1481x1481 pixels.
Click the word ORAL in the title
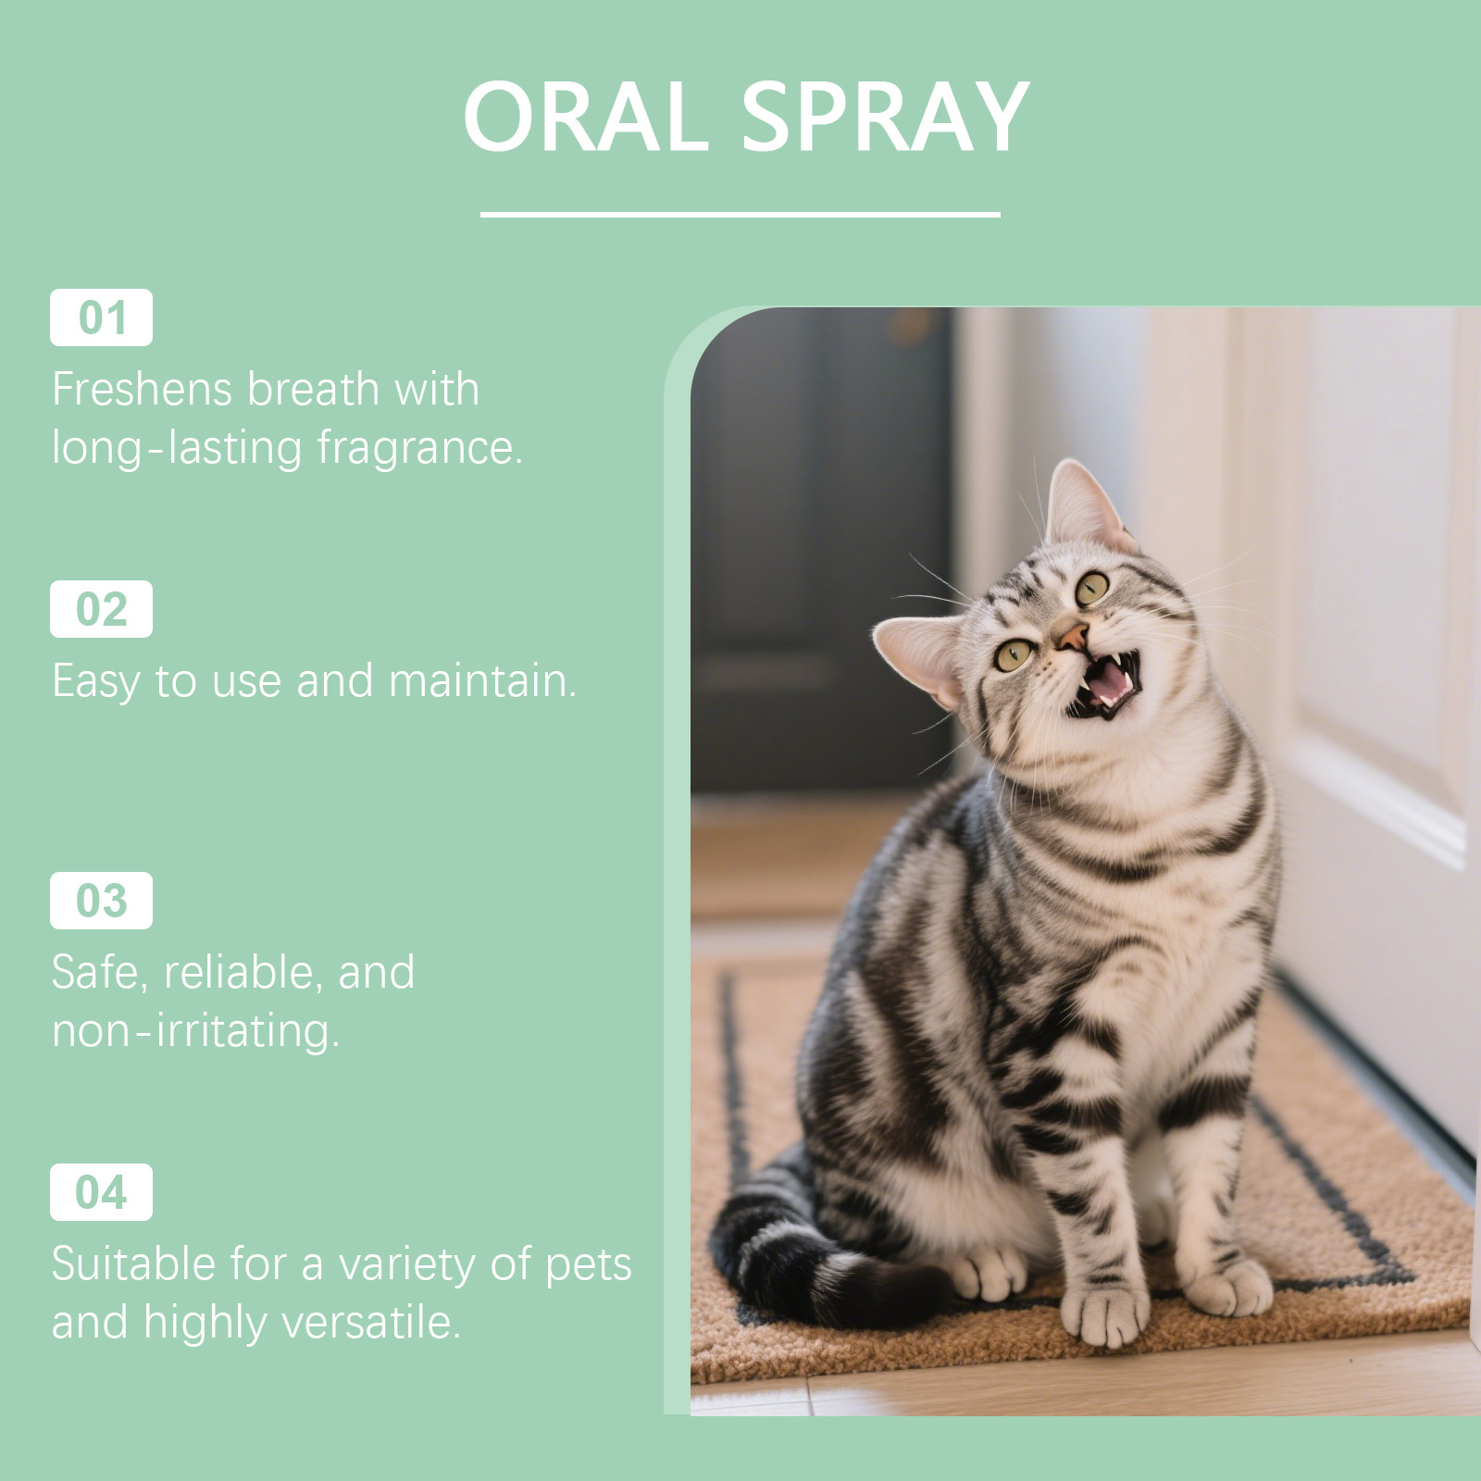(x=586, y=117)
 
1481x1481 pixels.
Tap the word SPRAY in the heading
(x=885, y=117)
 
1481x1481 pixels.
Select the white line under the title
(x=740, y=215)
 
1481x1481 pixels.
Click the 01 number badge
(x=101, y=317)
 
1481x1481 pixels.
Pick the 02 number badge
(x=101, y=609)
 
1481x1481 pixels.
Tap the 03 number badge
(x=101, y=901)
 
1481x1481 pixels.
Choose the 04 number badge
(x=101, y=1192)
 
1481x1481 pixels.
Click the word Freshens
(x=142, y=389)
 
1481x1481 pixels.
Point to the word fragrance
(x=420, y=450)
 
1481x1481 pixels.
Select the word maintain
(x=482, y=681)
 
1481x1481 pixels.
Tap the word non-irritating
(x=195, y=1031)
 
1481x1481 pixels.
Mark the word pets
(x=589, y=1266)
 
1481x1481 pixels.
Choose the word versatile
(x=371, y=1322)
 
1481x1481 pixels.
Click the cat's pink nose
(x=1073, y=636)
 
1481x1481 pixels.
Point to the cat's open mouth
(x=1105, y=684)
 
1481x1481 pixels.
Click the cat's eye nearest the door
(x=1092, y=587)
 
